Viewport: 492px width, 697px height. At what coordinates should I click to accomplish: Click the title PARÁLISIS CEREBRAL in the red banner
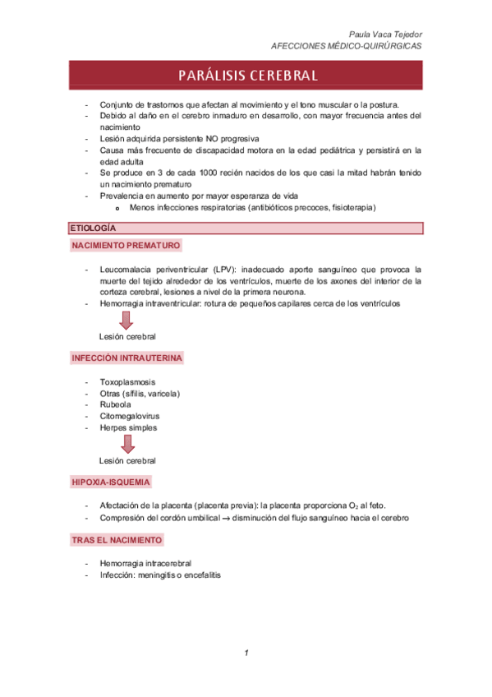pos(246,76)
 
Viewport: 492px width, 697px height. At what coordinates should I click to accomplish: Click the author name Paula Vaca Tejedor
pos(385,34)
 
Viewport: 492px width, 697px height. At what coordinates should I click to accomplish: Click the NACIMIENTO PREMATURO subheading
pos(126,246)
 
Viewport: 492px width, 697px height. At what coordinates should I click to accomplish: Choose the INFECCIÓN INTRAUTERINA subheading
pos(127,359)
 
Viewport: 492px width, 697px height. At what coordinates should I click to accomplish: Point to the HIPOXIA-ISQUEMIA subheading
pos(110,482)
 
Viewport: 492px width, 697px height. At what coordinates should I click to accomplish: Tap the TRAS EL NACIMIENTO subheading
pos(117,540)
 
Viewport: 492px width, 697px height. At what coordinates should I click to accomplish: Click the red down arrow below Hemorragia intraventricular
pos(127,320)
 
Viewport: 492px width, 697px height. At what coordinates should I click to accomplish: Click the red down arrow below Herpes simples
pos(127,444)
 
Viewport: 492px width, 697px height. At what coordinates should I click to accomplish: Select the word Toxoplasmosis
pos(127,382)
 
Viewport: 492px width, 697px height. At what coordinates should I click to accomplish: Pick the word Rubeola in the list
pos(115,405)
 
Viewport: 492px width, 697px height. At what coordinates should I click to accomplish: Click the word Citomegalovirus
pos(130,417)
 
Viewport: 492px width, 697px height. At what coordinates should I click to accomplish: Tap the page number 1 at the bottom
pos(246,653)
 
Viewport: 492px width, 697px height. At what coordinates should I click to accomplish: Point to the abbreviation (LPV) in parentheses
pos(226,269)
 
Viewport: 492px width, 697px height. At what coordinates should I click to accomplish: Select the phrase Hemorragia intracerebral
pos(145,563)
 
